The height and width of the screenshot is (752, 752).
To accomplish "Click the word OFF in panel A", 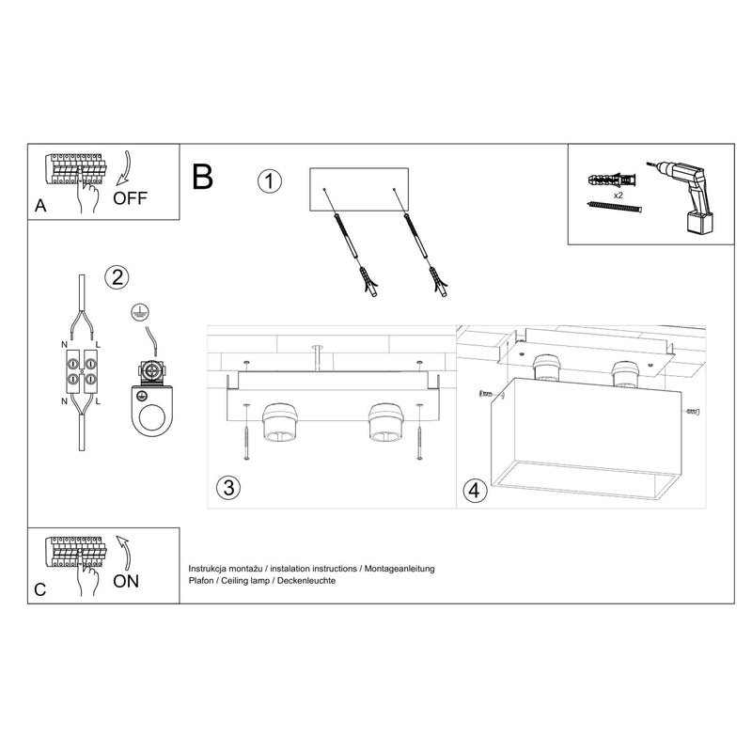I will point(130,197).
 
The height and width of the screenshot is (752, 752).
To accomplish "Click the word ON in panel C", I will point(126,580).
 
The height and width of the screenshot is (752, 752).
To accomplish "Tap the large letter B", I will point(203,176).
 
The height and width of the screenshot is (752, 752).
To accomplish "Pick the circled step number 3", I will point(227,487).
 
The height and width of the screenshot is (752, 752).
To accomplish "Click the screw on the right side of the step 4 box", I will point(691,410).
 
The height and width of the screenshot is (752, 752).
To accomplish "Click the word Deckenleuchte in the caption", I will point(303,582).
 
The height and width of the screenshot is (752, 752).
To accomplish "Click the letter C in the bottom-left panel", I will point(39,590).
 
